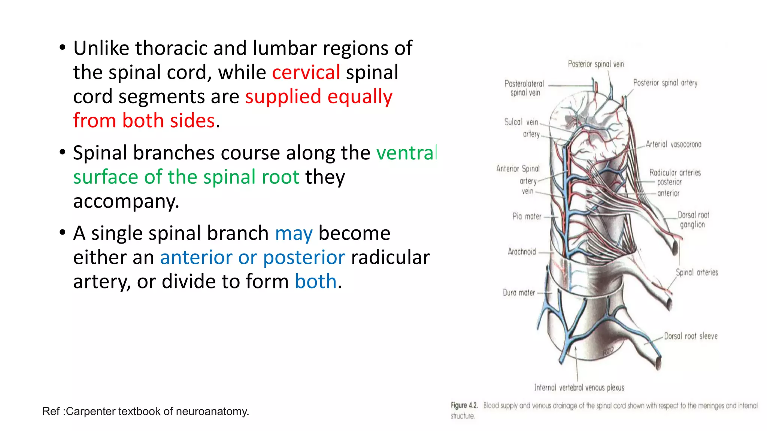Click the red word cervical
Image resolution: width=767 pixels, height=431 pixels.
click(306, 72)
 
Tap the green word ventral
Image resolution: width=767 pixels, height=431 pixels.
click(406, 153)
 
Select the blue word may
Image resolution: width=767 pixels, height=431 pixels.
click(294, 233)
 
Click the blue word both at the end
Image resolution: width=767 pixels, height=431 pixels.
click(316, 282)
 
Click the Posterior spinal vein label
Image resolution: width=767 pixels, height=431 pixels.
click(596, 64)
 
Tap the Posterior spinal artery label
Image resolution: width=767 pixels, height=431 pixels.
click(665, 83)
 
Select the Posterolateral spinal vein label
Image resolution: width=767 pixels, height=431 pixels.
click(524, 88)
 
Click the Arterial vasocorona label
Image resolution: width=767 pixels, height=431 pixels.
click(673, 144)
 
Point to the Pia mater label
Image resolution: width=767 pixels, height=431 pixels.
click(527, 216)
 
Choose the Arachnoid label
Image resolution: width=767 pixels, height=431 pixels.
click(522, 252)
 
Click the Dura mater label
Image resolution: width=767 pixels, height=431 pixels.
click(519, 293)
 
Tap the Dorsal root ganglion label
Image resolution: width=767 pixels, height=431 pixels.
click(693, 220)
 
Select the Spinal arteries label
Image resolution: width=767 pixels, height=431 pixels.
click(697, 272)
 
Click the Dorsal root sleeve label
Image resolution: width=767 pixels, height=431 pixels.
click(691, 336)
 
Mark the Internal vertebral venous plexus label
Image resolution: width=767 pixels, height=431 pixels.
click(579, 388)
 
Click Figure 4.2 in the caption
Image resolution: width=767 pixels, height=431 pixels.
click(464, 406)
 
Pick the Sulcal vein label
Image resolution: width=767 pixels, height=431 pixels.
click(521, 122)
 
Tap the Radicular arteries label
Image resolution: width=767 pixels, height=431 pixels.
click(675, 172)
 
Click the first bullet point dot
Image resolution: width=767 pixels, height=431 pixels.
click(63, 48)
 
